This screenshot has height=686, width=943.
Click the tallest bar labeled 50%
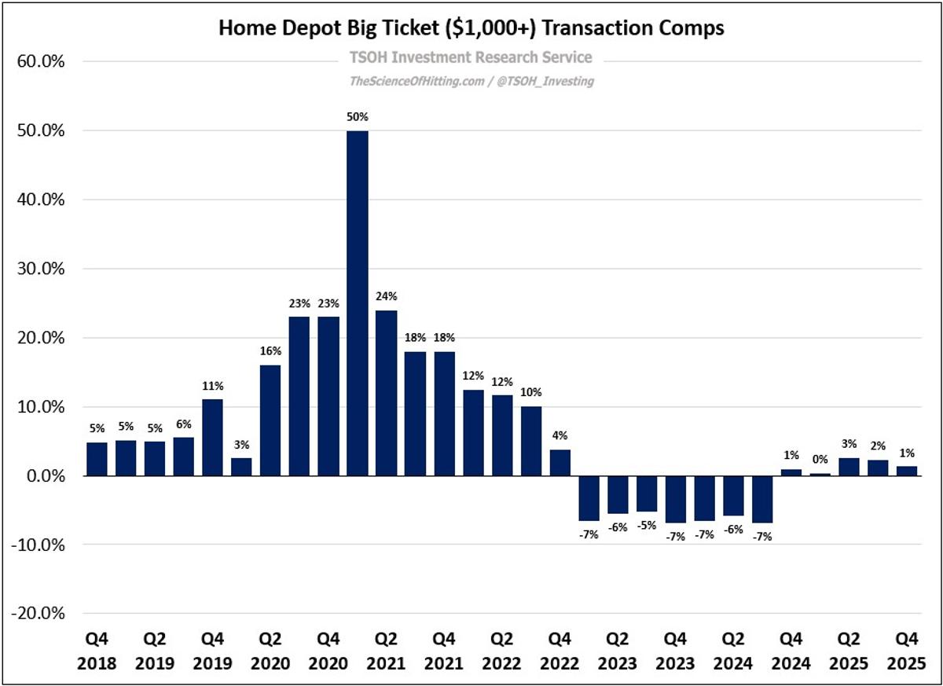point(357,303)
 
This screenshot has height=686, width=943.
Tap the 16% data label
point(270,351)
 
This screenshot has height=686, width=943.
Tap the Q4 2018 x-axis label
point(97,653)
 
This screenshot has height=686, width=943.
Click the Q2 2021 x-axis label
point(386,653)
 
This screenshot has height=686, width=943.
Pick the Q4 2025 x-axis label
point(907,653)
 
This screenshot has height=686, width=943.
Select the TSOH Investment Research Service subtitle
point(470,57)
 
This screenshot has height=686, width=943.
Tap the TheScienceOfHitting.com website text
point(416,81)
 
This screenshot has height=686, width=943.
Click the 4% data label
point(560,435)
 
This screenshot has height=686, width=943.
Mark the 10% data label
point(530,392)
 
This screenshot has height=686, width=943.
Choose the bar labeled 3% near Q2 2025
point(849,467)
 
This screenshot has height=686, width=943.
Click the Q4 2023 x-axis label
point(676,653)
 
